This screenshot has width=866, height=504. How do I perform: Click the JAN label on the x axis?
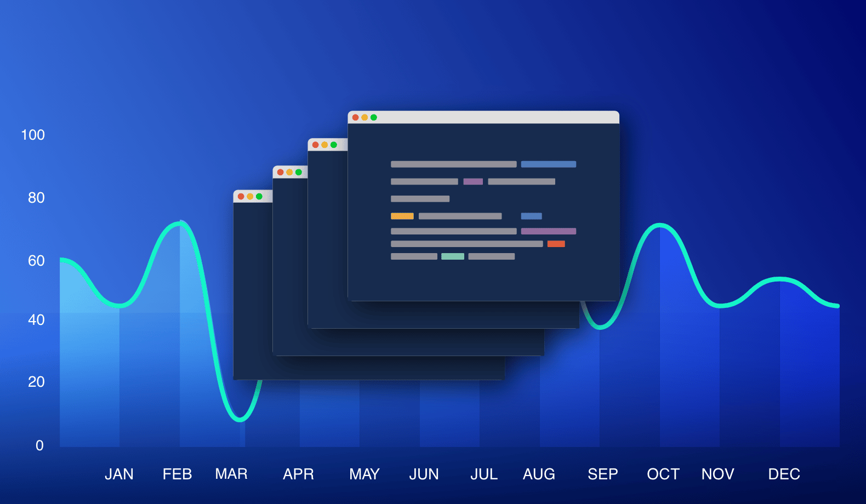(x=119, y=474)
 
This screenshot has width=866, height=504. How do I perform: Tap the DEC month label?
(x=784, y=474)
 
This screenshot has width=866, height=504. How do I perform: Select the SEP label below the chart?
(x=602, y=474)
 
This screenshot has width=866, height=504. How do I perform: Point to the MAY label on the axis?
(x=364, y=474)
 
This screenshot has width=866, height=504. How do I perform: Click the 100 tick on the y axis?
(x=33, y=135)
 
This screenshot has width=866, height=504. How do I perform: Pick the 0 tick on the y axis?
(x=39, y=445)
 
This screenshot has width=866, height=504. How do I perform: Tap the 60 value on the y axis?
(x=36, y=261)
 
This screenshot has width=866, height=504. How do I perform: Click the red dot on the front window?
(x=355, y=117)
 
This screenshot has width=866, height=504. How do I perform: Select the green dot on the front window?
(x=374, y=117)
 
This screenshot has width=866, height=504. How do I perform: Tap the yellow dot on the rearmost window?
(x=250, y=196)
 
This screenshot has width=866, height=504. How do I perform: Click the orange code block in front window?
(x=402, y=216)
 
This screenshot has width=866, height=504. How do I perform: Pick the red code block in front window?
(x=556, y=244)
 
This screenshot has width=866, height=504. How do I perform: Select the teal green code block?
(x=453, y=256)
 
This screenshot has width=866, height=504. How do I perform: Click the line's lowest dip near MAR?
(x=240, y=420)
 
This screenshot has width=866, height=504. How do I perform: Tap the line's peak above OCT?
(x=660, y=225)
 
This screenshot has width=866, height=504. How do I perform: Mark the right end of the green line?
(x=837, y=306)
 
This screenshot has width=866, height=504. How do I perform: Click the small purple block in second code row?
(x=473, y=181)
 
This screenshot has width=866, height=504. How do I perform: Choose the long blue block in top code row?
(x=548, y=164)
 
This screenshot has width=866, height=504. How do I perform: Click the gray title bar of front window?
(x=493, y=117)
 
